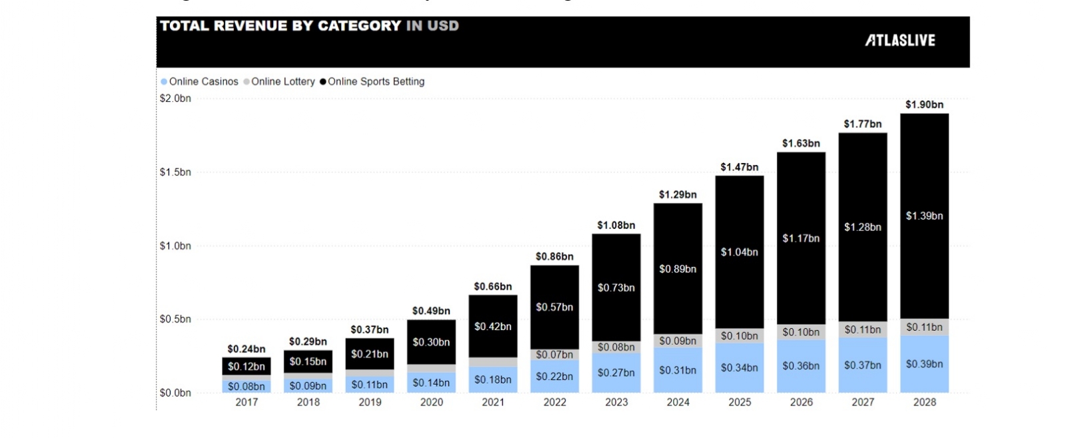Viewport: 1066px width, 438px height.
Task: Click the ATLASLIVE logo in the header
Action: [x=900, y=41]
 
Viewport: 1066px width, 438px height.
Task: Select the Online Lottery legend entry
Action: [x=280, y=81]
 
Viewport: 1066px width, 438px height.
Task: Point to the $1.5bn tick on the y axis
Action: [x=175, y=172]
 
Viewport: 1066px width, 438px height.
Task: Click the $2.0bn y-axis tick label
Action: [x=175, y=99]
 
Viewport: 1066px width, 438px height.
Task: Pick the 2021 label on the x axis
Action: [x=493, y=402]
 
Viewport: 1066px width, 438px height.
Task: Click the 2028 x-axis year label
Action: [x=924, y=402]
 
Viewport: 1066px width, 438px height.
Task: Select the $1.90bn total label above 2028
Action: [x=924, y=105]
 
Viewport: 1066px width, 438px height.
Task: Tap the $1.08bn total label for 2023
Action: [x=616, y=226]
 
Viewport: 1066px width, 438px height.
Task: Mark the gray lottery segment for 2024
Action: [x=678, y=341]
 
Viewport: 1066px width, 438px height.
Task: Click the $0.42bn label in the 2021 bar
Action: [x=493, y=327]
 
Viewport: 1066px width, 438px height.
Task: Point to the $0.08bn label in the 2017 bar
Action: [x=247, y=387]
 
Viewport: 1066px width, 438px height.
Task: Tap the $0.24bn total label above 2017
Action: [x=247, y=349]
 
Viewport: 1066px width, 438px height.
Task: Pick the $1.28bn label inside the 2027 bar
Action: [x=863, y=228]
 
